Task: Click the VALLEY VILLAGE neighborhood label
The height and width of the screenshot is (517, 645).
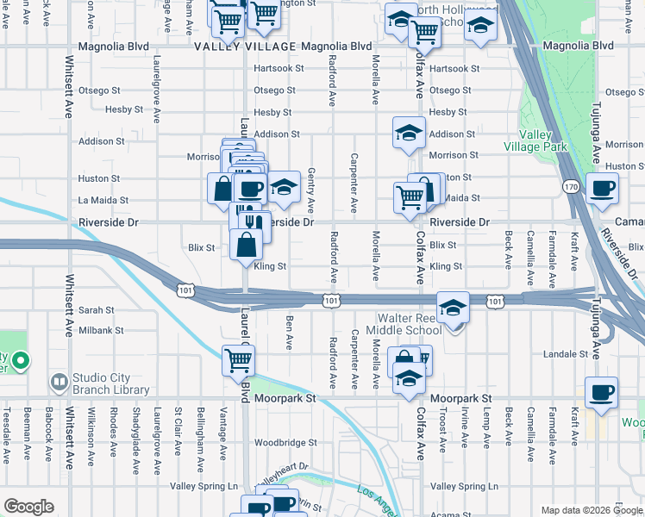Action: pos(242,46)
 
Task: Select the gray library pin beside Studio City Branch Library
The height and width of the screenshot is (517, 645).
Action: pos(59,381)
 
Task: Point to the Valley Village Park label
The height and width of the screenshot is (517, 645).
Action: pos(542,140)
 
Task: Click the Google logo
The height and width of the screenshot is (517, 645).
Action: pos(28,507)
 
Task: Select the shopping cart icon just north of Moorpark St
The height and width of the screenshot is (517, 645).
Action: pos(238,360)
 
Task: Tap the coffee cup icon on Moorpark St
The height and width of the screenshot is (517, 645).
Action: pos(601,392)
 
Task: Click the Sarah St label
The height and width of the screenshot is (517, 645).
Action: pos(97,310)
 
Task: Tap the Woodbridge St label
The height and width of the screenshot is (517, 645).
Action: pos(286,443)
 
